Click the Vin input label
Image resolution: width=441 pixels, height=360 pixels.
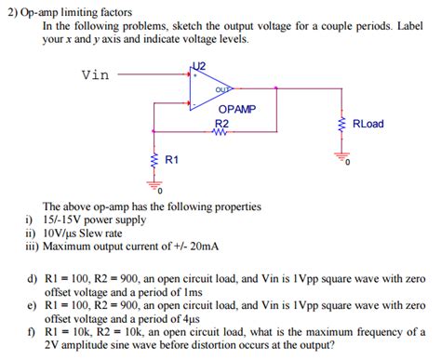pos(97,74)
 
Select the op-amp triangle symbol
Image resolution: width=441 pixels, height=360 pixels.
pos(207,87)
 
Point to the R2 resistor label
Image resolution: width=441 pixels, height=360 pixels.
pos(220,123)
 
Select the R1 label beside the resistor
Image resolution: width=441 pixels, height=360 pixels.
pos(171,160)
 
